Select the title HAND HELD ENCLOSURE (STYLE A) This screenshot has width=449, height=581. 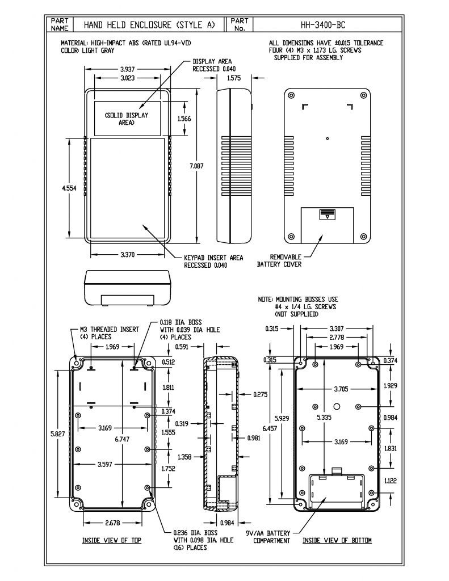[149, 25]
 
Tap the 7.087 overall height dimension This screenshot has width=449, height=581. [196, 166]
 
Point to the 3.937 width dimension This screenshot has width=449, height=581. [127, 69]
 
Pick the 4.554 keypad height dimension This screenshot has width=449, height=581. [69, 188]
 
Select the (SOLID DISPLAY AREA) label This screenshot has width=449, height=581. [126, 119]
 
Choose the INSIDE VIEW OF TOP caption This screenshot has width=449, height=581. [112, 540]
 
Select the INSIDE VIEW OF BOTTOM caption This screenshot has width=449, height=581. [337, 540]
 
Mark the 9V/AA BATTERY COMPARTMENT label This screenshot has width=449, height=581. [268, 537]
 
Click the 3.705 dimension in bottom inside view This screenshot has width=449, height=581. [336, 389]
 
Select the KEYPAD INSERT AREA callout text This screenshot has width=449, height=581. [213, 261]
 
